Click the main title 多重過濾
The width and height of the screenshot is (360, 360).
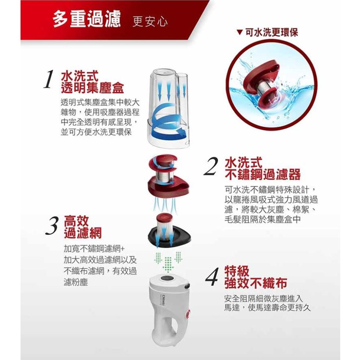point(87,19)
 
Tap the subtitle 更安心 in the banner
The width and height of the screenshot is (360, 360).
point(150,22)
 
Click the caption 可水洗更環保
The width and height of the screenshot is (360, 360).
point(271,32)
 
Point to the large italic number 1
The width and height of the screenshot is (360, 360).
point(49,79)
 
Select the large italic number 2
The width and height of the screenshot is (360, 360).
point(210,166)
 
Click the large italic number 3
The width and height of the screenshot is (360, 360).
point(51,225)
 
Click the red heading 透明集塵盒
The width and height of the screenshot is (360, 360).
point(93,88)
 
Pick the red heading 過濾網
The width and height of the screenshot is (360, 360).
point(83,233)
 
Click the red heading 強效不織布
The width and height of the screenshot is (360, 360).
point(256,283)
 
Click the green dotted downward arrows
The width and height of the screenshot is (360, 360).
point(168,261)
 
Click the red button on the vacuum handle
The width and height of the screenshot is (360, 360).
point(188,314)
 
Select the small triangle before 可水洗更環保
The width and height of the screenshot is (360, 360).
point(240,33)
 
